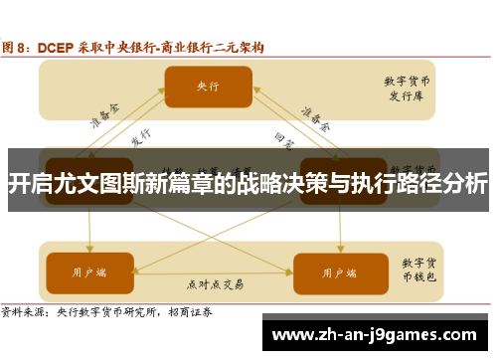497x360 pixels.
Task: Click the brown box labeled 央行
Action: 208,88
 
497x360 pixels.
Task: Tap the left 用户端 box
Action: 88,245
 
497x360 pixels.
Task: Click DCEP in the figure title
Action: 57,46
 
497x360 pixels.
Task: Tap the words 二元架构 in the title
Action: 244,46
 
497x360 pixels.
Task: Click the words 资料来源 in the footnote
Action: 24,311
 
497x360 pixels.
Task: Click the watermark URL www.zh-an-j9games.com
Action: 378,335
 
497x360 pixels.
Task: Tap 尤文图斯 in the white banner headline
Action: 100,184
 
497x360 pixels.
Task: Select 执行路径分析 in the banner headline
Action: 426,184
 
